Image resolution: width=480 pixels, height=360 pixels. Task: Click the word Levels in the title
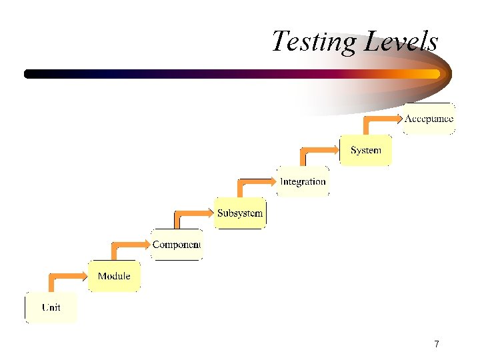[x=402, y=41]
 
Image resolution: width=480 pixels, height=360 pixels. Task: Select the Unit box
[x=51, y=307]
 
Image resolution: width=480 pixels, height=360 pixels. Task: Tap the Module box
[x=114, y=276]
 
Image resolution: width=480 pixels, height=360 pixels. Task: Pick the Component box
[x=177, y=245]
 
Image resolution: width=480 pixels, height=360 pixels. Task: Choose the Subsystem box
[x=240, y=213]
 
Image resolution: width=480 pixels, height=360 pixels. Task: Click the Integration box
[x=303, y=181]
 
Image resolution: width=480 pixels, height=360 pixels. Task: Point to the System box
[x=365, y=150]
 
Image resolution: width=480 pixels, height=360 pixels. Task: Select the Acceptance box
[x=429, y=119]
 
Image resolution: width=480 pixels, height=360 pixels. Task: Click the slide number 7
[x=436, y=344]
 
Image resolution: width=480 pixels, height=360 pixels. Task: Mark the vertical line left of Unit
[x=25, y=308]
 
